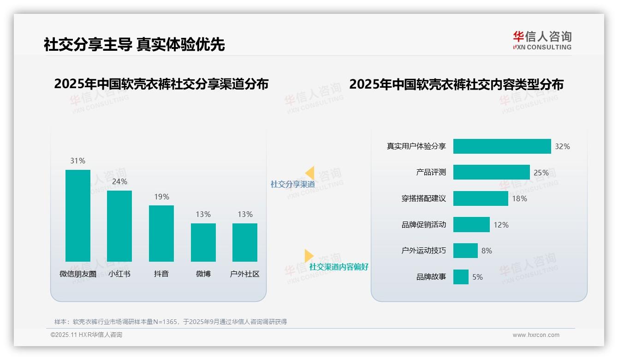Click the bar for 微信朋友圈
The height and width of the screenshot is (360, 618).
point(78,216)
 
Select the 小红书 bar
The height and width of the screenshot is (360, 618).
point(119,226)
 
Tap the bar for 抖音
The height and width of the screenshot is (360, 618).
point(161,233)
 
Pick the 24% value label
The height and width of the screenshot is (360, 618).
point(119,182)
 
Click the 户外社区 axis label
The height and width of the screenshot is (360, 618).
point(245,274)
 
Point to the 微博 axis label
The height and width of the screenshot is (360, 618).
point(203,274)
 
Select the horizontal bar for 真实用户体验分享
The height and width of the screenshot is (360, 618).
point(502,146)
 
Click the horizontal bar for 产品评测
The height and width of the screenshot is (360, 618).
point(491,173)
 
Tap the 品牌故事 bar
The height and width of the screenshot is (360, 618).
point(461,277)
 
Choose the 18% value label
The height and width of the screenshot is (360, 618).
point(519,199)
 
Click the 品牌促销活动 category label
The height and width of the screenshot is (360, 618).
point(424,225)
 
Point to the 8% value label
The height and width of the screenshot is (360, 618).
point(487,251)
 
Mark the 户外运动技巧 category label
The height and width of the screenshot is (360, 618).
point(424,251)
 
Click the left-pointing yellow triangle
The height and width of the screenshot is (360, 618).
point(310,173)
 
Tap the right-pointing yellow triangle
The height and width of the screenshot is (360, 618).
point(309,256)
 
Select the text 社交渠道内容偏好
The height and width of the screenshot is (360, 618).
point(339,267)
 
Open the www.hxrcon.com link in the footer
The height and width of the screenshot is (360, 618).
point(536,335)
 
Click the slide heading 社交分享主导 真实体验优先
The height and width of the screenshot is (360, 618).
point(134,45)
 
